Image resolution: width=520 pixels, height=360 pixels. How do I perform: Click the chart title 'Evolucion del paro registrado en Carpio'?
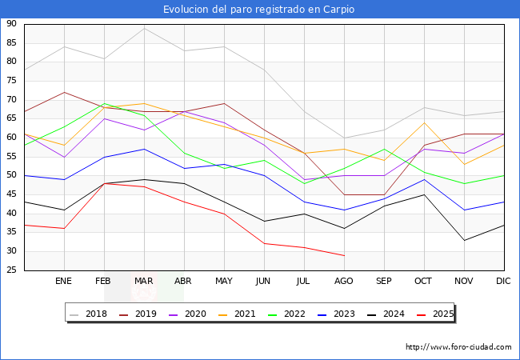tap(259, 10)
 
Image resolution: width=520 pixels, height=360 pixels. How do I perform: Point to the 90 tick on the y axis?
tap(12, 24)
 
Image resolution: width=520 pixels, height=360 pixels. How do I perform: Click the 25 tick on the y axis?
tap(12, 270)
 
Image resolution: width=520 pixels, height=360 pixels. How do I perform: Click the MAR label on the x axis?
tap(144, 282)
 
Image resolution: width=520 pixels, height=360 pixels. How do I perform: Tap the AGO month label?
tap(344, 282)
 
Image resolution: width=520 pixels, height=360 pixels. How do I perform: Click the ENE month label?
tap(64, 282)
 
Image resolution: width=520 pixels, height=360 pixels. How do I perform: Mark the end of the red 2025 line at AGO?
tap(344, 255)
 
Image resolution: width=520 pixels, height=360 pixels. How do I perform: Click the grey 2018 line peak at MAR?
tap(144, 28)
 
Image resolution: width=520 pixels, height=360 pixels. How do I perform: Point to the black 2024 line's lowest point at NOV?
tap(464, 240)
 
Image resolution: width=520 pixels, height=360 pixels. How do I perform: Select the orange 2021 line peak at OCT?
tap(424, 122)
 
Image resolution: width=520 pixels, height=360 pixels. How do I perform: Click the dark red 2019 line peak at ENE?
tap(64, 92)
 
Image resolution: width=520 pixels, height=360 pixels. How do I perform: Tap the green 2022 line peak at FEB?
tap(104, 103)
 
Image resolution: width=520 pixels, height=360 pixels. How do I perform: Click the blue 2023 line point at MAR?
tap(144, 149)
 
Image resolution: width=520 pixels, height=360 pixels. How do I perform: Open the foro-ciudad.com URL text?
tap(458, 347)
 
